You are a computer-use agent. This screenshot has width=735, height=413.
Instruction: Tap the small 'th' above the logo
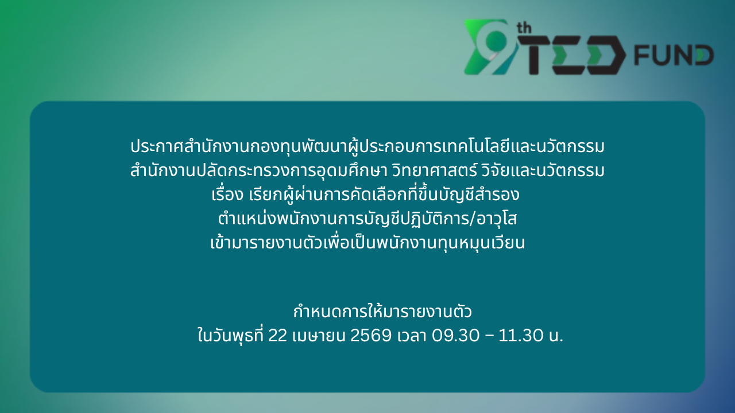pyautogui.click(x=524, y=28)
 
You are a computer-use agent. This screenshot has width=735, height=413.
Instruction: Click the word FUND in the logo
pyautogui.click(x=674, y=55)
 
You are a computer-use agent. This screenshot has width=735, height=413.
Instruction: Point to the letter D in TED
pyautogui.click(x=606, y=55)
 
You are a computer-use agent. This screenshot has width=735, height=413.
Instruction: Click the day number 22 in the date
pyautogui.click(x=277, y=336)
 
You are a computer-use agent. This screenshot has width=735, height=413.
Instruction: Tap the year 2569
pyautogui.click(x=371, y=336)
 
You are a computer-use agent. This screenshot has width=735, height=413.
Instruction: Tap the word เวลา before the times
pyautogui.click(x=412, y=336)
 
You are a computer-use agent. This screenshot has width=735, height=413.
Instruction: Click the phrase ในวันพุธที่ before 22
pyautogui.click(x=230, y=335)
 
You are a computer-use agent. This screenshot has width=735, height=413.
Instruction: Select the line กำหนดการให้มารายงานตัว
pyautogui.click(x=382, y=311)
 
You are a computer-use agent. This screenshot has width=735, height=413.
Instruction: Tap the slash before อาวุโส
pyautogui.click(x=473, y=219)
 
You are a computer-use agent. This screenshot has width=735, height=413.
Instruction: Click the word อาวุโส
pyautogui.click(x=497, y=219)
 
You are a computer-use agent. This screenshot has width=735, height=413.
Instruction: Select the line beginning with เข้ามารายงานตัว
pyautogui.click(x=367, y=243)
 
